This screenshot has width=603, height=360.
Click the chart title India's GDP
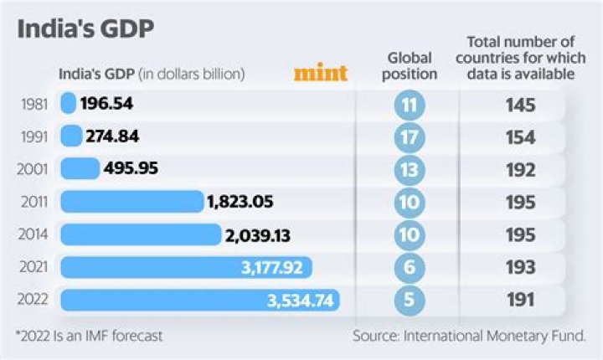point(85,30)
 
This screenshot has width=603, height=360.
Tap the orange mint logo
point(321,74)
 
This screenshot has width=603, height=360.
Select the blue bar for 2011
point(131,202)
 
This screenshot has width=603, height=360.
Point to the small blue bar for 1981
point(68,104)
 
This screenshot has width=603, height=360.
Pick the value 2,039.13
point(258,235)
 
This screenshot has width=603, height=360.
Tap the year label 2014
point(32,235)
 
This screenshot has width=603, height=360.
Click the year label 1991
point(32,136)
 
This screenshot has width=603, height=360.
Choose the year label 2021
point(32,268)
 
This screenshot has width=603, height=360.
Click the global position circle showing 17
point(410,136)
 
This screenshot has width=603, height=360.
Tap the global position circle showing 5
point(410,300)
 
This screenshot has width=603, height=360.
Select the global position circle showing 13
point(410,169)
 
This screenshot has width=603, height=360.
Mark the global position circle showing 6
point(410,268)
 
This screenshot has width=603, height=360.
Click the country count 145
point(520,105)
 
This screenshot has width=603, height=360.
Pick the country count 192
point(520,169)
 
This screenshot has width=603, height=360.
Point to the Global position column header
point(411,66)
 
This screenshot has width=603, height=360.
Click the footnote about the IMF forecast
point(89,336)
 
